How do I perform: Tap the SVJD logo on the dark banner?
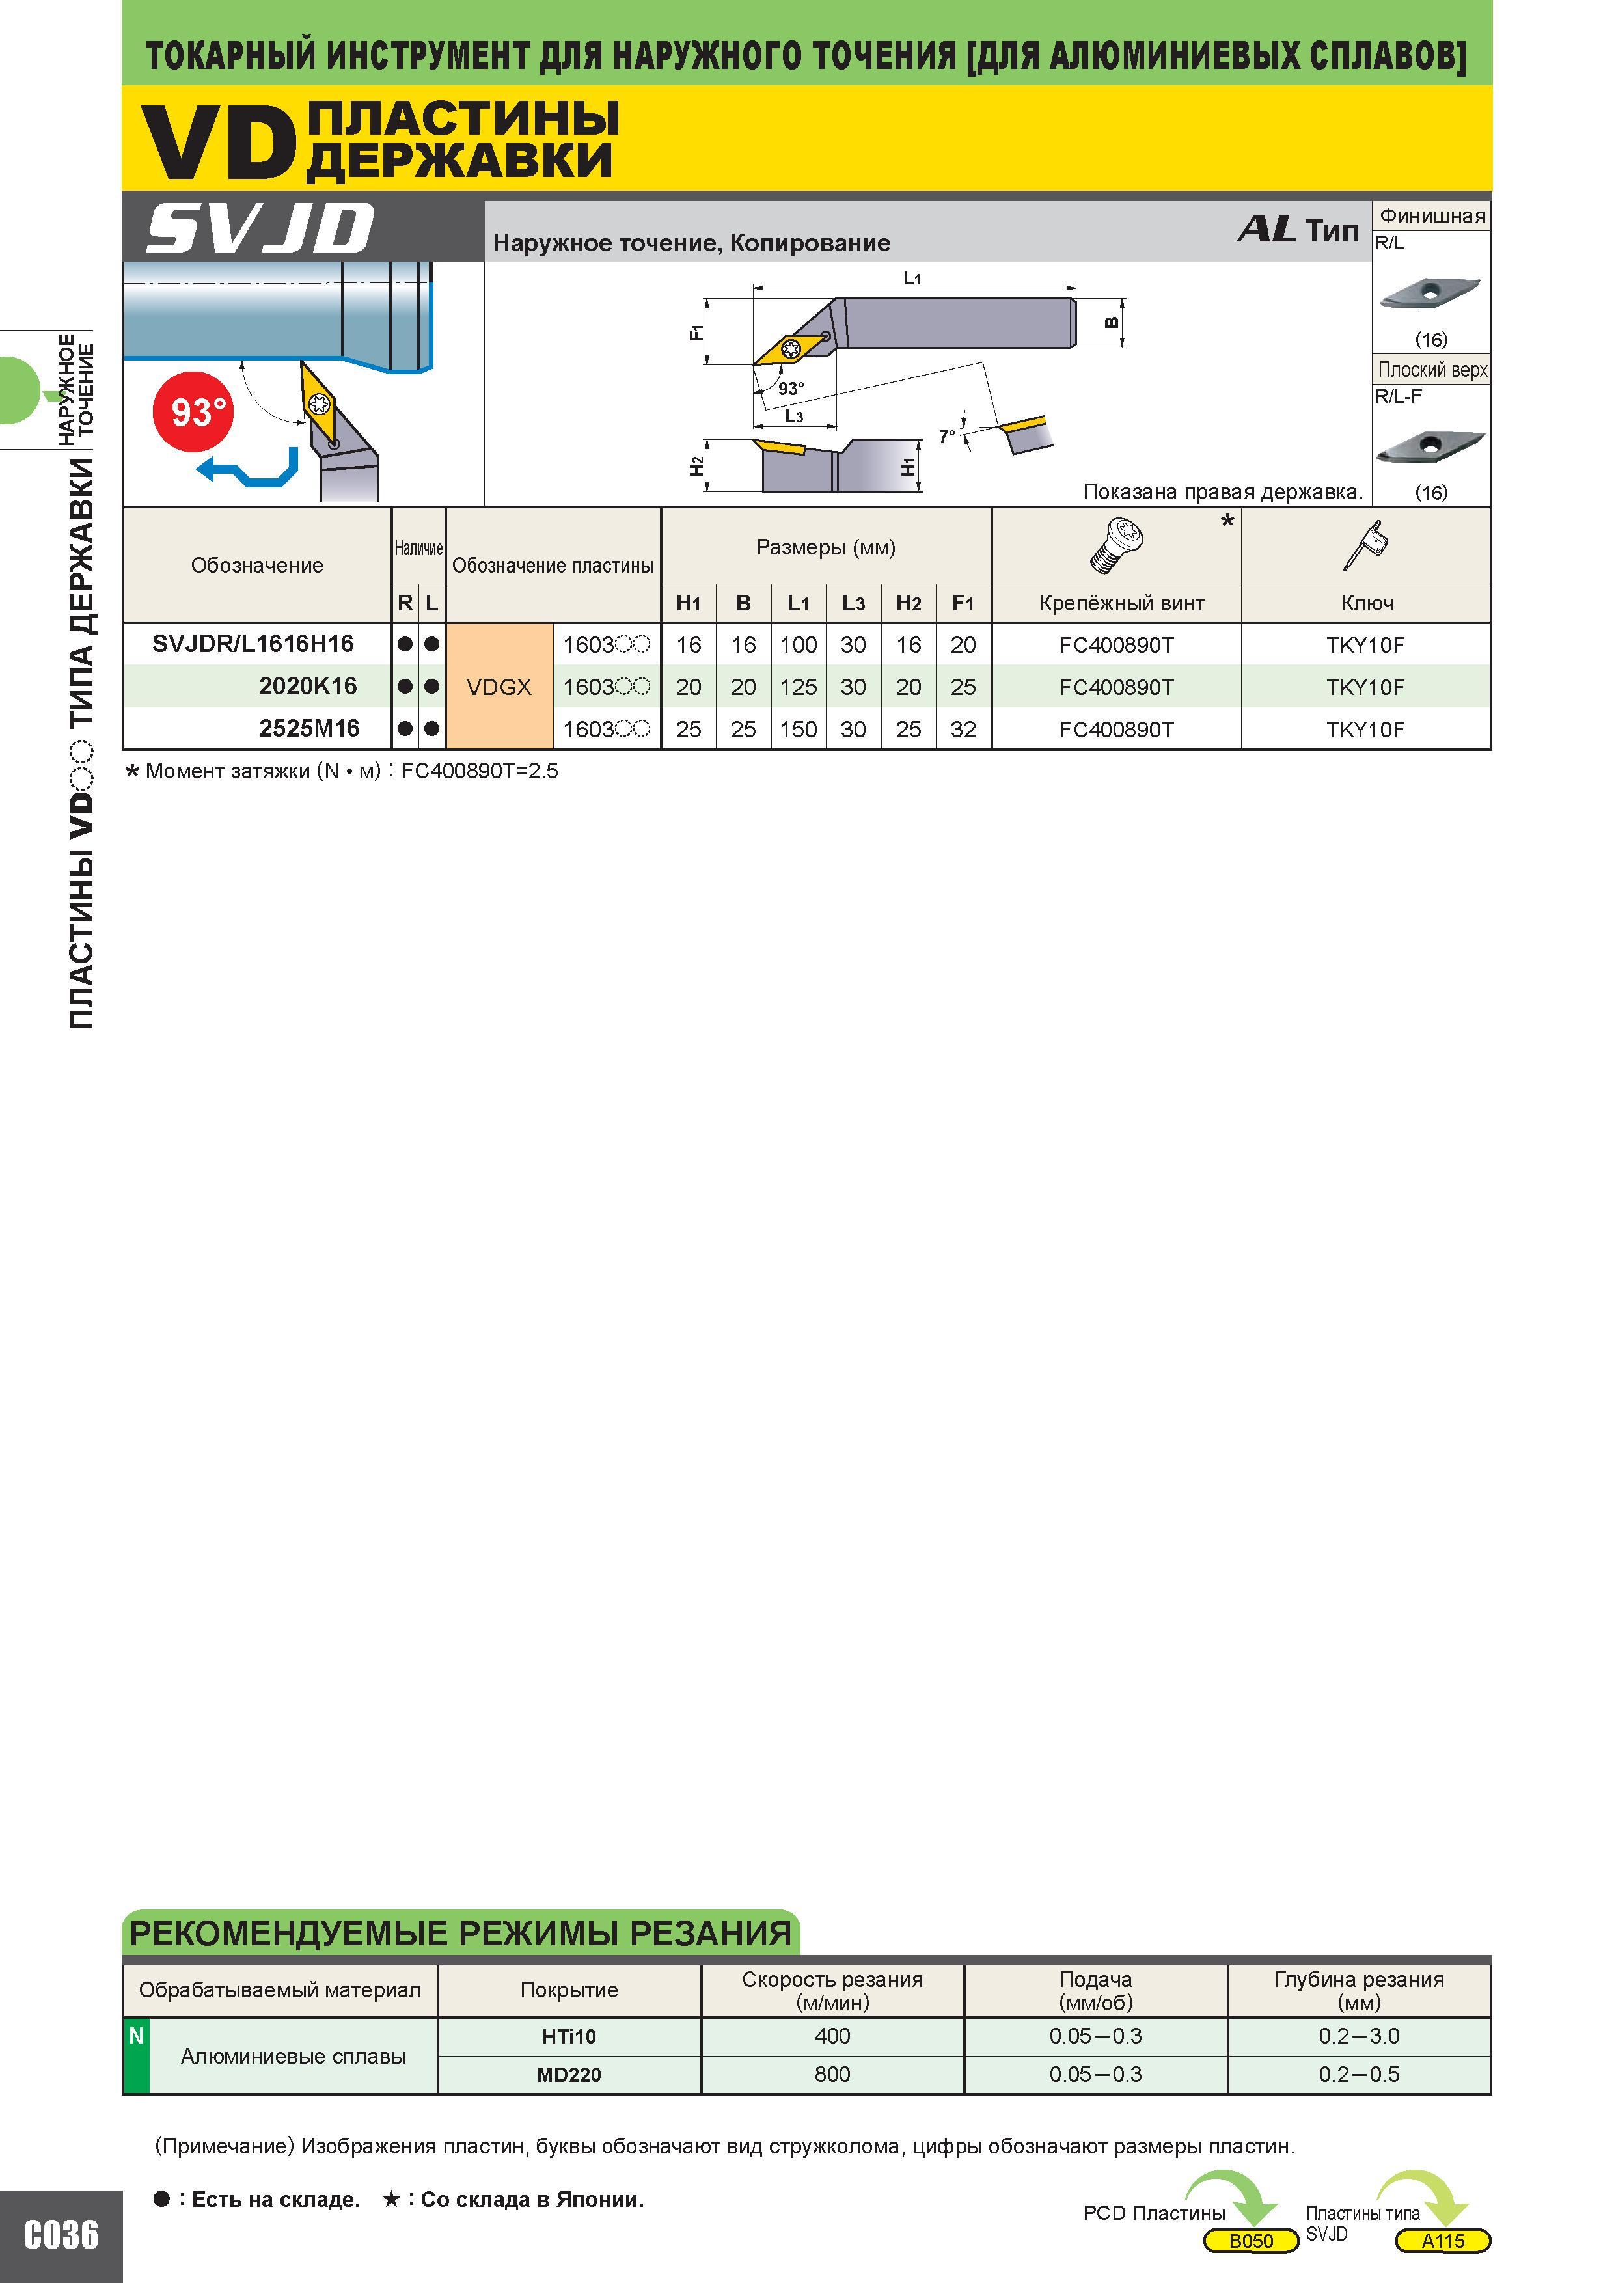[x=260, y=228]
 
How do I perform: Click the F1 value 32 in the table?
[x=963, y=729]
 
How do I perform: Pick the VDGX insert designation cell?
[x=499, y=687]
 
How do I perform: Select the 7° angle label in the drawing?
[x=947, y=435]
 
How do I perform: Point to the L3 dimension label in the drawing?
[x=793, y=416]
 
